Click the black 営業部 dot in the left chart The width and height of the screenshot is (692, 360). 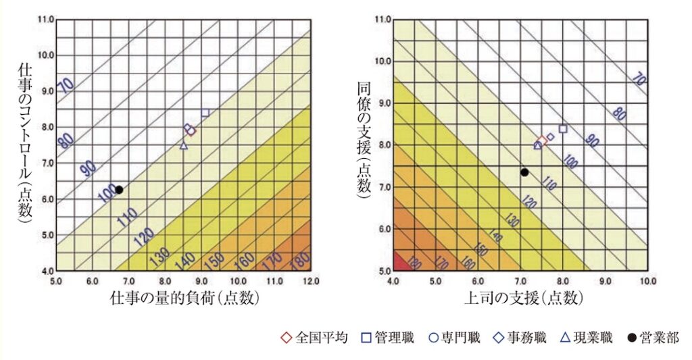(x=119, y=190)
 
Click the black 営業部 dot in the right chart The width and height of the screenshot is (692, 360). (x=524, y=172)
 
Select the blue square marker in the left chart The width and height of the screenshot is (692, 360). (x=205, y=112)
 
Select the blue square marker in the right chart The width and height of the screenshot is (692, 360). (x=563, y=128)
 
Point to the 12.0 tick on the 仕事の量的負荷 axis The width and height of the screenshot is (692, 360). (x=310, y=280)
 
